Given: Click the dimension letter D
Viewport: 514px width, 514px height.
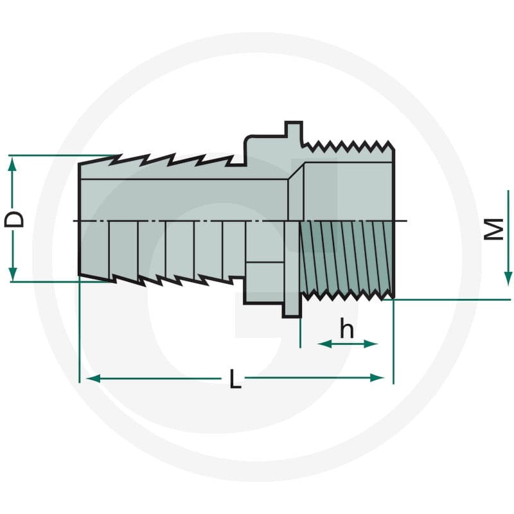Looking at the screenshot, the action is (14, 219).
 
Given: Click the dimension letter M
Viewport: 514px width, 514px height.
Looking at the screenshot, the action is (494, 229).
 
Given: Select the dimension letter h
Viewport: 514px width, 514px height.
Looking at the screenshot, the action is (347, 328).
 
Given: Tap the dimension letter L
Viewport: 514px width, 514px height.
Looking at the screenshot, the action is (235, 378).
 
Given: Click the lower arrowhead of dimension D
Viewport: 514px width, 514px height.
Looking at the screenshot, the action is (12, 274).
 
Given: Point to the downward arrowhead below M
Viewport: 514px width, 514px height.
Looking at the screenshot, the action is (508, 278).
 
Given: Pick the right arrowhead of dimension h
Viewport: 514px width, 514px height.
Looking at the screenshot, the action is (371, 344).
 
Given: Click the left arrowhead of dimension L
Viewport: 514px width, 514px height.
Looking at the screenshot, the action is (93, 378).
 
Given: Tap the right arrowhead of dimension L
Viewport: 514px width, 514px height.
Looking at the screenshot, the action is (377, 378).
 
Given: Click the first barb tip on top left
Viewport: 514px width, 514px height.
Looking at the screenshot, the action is (121, 155).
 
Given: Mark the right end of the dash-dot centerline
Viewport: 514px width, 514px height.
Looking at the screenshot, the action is (407, 221).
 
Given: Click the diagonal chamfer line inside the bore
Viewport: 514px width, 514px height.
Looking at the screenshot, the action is (296, 171).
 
